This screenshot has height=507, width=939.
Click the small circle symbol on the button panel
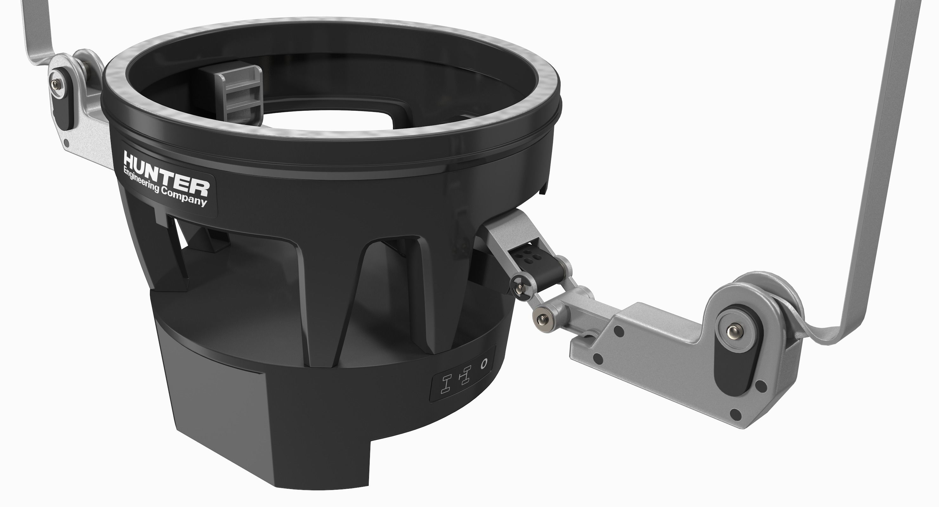click(x=484, y=364)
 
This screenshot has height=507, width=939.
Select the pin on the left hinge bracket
click(x=54, y=85)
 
